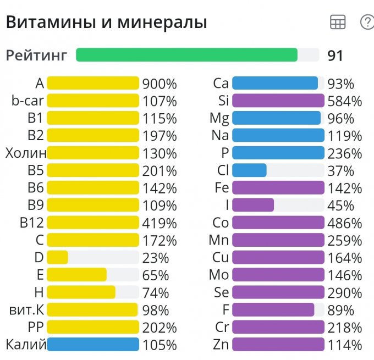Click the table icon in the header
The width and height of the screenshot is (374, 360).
[337, 22]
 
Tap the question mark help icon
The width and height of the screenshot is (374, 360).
[366, 22]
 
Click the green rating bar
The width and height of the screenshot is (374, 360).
[187, 55]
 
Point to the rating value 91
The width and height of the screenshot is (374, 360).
[335, 56]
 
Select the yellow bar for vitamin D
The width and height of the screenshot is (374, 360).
[57, 257]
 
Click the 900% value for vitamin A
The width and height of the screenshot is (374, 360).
[159, 84]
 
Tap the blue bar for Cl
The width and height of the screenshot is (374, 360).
[249, 170]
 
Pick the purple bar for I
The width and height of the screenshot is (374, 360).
[253, 205]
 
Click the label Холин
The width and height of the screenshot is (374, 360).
[26, 153]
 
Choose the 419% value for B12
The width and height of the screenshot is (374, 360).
[159, 223]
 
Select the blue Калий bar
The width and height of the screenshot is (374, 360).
[92, 345]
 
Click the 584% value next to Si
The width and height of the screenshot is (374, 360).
[345, 101]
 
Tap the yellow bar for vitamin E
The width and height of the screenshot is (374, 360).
[76, 275]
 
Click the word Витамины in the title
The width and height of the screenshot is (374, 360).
[42, 23]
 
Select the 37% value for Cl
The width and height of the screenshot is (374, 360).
[341, 171]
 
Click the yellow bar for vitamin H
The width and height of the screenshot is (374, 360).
[81, 292]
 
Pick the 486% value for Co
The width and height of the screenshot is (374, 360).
[345, 223]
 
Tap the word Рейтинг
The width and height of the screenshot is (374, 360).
[37, 56]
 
